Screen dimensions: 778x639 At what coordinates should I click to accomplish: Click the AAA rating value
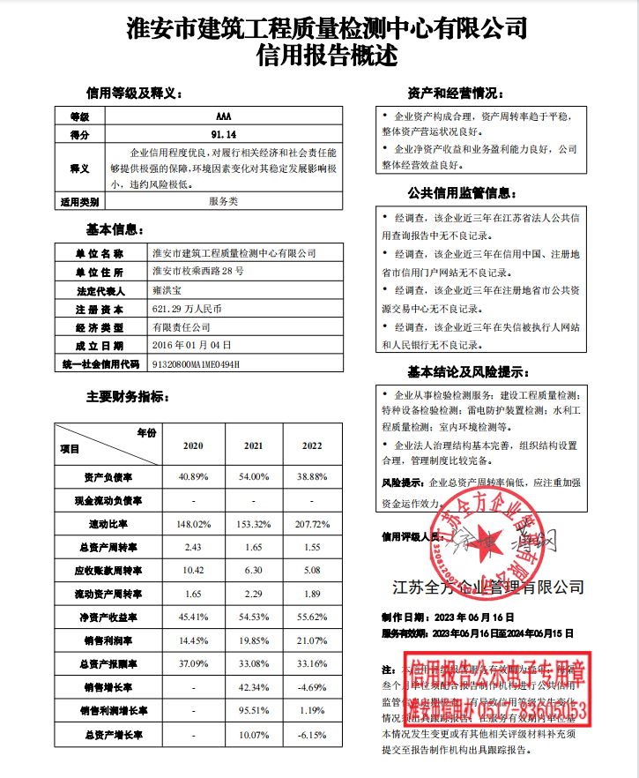click(x=224, y=116)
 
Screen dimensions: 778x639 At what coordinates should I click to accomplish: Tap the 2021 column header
click(x=253, y=445)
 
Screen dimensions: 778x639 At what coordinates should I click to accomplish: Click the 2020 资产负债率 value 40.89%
click(x=193, y=476)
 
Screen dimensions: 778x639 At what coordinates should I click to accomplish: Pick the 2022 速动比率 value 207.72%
click(x=313, y=524)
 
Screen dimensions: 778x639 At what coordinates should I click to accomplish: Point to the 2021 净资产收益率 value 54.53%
click(x=253, y=616)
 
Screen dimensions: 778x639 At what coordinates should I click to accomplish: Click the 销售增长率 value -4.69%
click(x=313, y=687)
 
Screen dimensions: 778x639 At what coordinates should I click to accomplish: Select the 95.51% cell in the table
click(x=253, y=710)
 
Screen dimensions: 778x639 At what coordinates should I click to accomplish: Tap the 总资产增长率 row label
click(x=108, y=734)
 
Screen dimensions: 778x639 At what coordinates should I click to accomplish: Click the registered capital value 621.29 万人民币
click(x=187, y=310)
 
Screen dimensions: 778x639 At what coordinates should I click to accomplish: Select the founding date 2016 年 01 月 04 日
click(x=191, y=345)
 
